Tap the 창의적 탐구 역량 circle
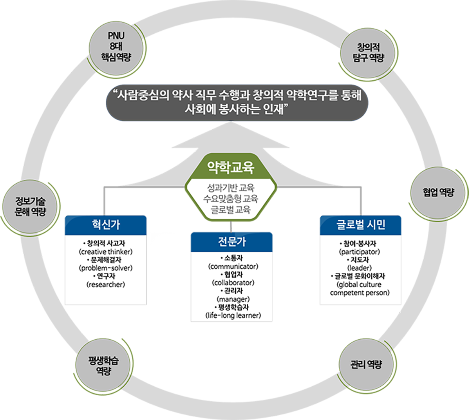pos(368,53)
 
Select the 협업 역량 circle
pos(438,192)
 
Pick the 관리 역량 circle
pos(366,365)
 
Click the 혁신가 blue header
pos(106,225)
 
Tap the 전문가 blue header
pos(231,242)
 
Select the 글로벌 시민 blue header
pos(361,225)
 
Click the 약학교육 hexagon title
pos(231,168)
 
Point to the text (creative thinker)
pos(106,252)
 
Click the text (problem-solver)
pos(106,268)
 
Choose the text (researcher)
pos(106,284)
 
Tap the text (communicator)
pos(233,266)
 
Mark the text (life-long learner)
pos(233,315)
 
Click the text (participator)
pos(359,252)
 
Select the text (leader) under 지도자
pos(359,268)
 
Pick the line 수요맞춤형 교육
pos(231,199)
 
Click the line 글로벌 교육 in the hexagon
pos(231,210)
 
